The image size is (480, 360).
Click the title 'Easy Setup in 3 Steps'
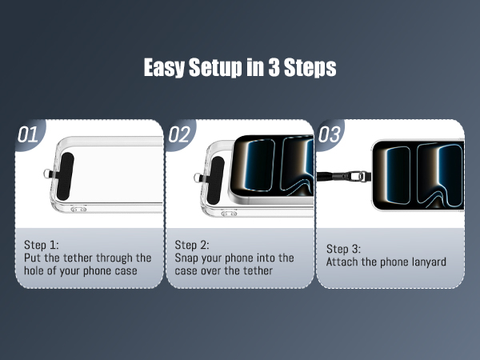240,68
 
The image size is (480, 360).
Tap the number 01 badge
28,134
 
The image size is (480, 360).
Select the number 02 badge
179,134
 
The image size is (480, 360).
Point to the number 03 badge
330,134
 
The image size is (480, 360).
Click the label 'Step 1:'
42,245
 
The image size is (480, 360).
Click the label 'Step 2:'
193,245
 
